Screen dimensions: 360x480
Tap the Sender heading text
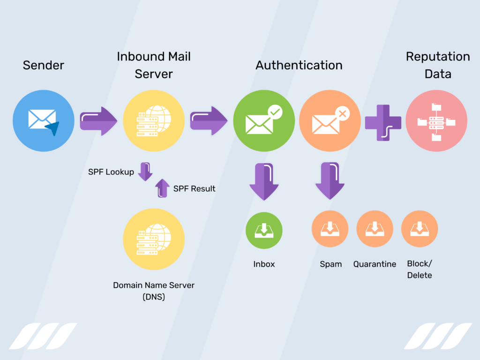click(x=43, y=65)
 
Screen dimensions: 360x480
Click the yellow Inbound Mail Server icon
click(x=154, y=120)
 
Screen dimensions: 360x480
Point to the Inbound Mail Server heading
click(x=154, y=65)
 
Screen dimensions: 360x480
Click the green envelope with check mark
click(x=264, y=120)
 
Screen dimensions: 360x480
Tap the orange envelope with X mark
click(x=330, y=120)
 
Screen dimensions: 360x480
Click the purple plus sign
click(x=383, y=122)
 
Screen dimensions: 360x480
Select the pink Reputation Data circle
click(x=436, y=120)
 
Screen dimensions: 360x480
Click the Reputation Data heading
click(x=438, y=65)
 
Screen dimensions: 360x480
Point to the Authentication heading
click(x=299, y=65)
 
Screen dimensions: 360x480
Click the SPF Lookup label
click(x=111, y=172)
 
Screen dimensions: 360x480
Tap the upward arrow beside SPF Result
click(x=162, y=188)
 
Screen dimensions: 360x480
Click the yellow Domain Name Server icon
click(x=154, y=239)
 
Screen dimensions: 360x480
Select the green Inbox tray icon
click(x=264, y=230)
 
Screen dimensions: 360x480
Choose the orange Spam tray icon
click(x=330, y=229)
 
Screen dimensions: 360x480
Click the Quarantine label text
click(x=375, y=264)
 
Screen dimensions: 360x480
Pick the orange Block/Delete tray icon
click(x=420, y=229)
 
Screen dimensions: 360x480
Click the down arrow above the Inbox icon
click(x=264, y=181)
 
